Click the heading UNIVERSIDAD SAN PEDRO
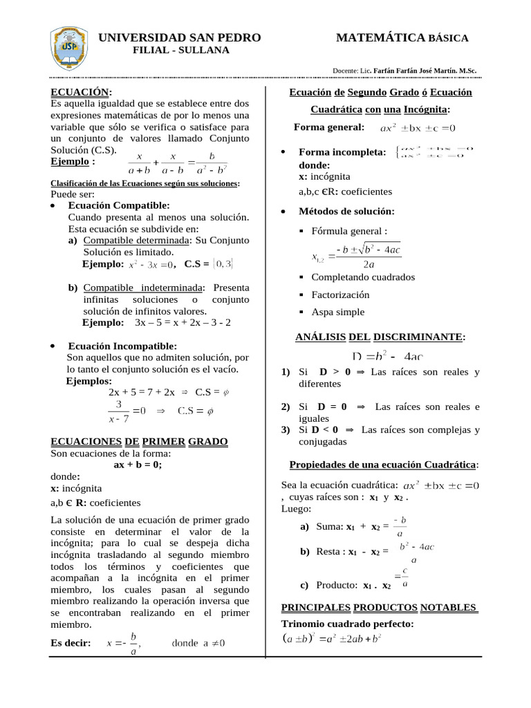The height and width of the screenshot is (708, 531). pos(180,37)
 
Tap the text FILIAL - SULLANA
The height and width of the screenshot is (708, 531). pos(181,50)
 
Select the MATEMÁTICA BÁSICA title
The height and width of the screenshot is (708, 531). pos(402,38)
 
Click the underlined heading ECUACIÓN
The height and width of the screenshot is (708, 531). pos(80,92)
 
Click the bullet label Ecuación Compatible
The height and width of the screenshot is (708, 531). pos(118,205)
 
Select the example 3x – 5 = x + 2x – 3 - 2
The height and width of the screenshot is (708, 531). pos(183,322)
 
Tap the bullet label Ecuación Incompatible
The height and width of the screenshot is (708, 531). pos(122,346)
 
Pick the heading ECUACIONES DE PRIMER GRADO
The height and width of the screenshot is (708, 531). pos(140,441)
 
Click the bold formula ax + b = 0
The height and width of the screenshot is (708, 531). pos(138,465)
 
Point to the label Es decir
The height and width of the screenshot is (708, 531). pos(71,643)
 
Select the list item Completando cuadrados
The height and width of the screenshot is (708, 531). pos(363,277)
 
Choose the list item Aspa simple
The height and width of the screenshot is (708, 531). pos(337,312)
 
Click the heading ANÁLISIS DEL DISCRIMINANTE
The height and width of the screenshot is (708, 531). pos(380,337)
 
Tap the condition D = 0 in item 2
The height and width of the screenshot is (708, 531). pos(333,407)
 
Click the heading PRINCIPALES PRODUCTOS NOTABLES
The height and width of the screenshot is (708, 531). pos(379,607)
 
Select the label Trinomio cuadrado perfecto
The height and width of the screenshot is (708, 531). pos(347,624)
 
